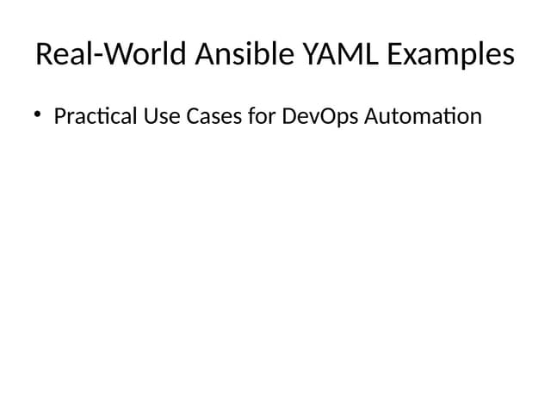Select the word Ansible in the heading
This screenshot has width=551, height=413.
245,53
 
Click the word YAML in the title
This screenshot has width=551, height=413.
341,53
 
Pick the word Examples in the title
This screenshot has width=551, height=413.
451,55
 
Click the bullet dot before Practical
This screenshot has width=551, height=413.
38,114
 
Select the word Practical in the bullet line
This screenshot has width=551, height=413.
96,116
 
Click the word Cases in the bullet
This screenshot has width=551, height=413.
214,116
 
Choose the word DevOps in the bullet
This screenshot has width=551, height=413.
320,118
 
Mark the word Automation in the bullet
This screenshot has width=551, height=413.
423,116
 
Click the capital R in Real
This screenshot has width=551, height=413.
44,53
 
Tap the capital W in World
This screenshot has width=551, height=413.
121,53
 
